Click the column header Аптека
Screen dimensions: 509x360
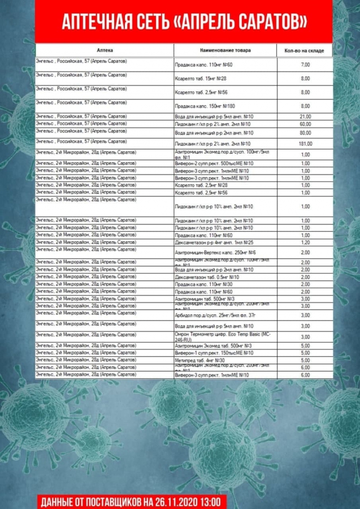tap(105, 50)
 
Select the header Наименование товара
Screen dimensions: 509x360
tap(225, 50)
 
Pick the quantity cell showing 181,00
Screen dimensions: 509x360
tap(305, 144)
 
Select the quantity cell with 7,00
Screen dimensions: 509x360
tap(305, 65)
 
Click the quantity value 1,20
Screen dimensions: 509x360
tap(305, 242)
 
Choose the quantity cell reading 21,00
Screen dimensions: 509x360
tap(305, 117)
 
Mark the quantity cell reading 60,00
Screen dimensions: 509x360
tap(305, 124)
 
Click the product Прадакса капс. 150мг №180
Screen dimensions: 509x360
tap(206, 106)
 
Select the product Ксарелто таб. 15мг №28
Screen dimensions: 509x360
tap(201, 79)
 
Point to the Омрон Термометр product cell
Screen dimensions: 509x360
tap(224, 336)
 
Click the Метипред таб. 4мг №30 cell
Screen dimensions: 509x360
tap(200, 360)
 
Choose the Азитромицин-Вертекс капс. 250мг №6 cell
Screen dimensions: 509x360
tap(215, 252)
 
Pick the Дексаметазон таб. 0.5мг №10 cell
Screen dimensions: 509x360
tap(207, 277)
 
